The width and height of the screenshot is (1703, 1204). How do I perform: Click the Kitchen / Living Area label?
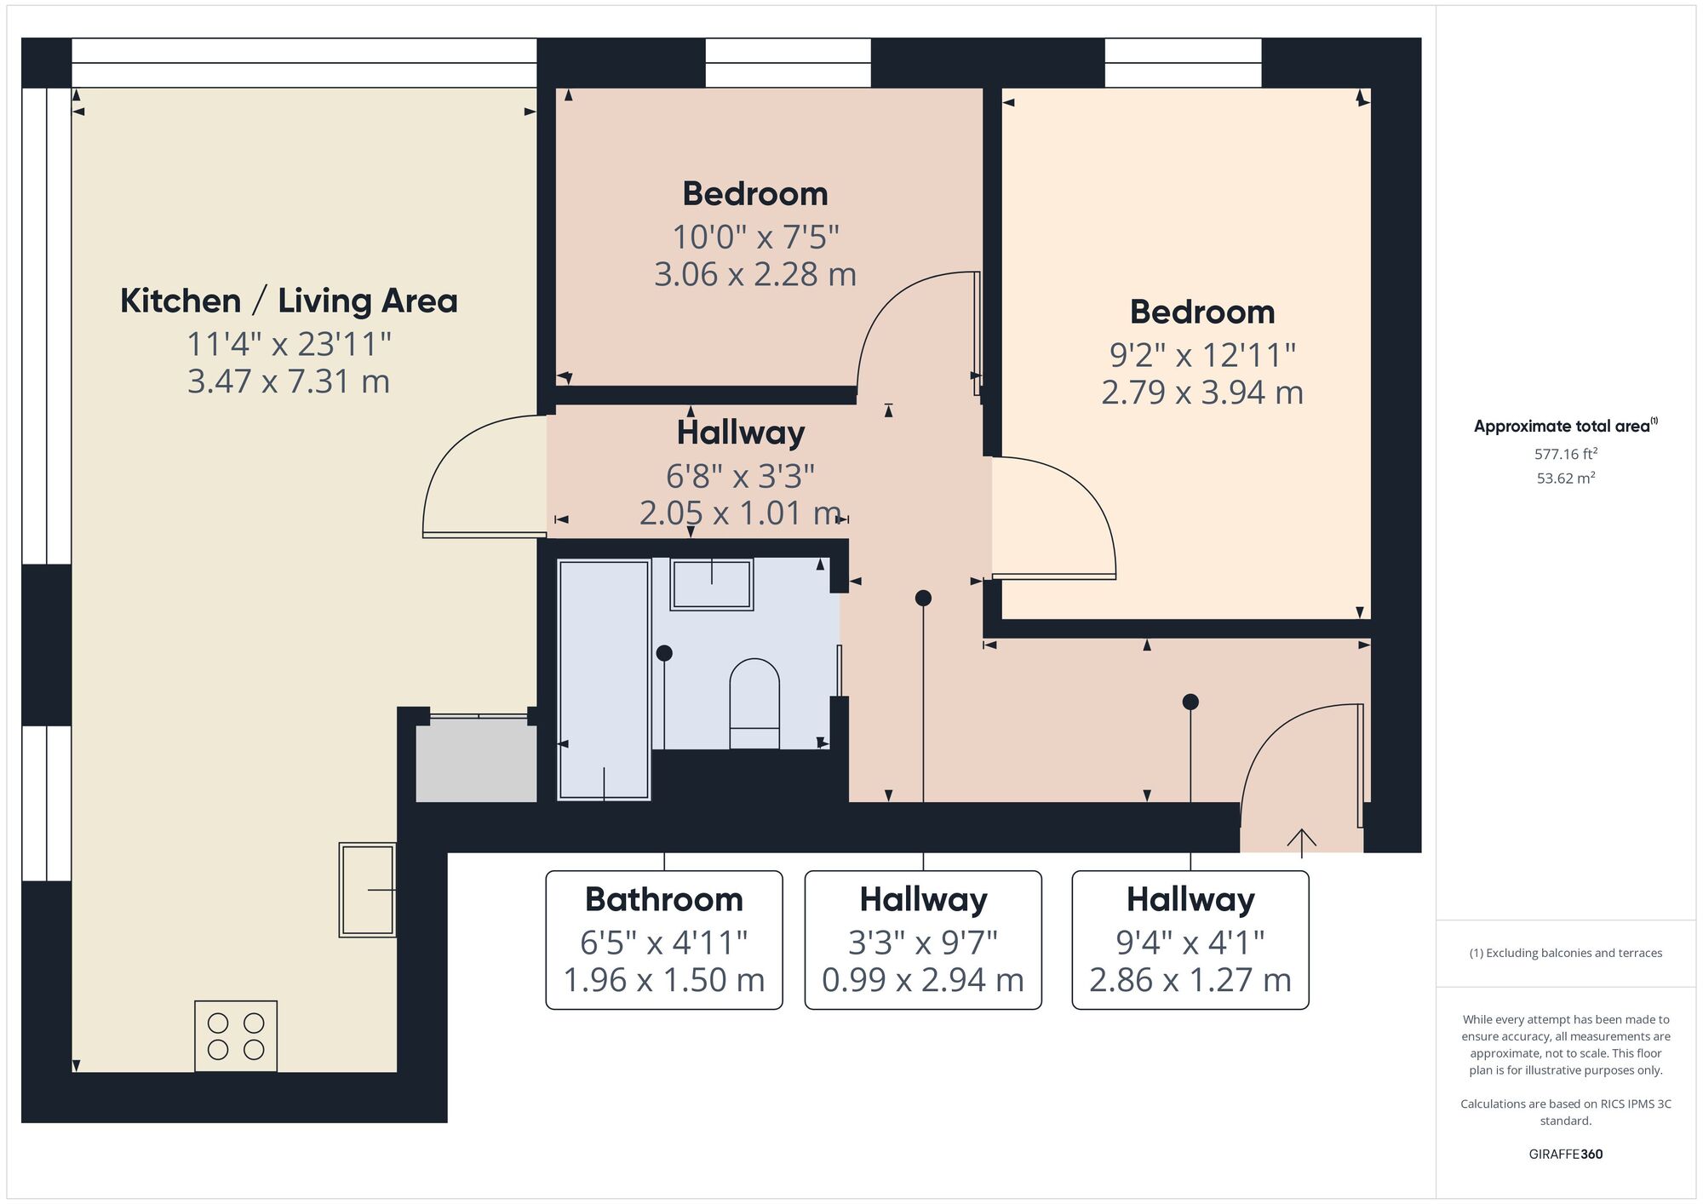(289, 301)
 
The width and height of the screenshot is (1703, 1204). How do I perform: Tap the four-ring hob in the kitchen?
(236, 1035)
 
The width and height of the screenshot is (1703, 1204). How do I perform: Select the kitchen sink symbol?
(367, 890)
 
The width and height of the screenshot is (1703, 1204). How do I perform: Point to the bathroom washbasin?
(712, 584)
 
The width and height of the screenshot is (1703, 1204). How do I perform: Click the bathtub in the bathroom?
(604, 679)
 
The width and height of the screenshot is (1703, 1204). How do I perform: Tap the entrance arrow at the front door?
(1301, 841)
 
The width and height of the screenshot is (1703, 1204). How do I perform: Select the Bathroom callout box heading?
(663, 899)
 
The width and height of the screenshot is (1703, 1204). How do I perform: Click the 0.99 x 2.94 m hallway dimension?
(922, 980)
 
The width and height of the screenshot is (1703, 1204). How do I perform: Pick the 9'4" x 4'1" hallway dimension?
(1190, 943)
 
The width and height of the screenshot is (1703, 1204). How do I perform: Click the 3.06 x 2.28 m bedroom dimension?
(754, 274)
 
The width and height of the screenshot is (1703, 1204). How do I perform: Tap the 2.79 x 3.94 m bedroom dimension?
(1201, 393)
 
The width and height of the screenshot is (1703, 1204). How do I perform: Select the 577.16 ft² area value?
(1565, 454)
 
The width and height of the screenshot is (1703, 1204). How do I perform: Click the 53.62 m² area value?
(1565, 479)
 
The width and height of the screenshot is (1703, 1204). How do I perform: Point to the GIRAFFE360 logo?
(1565, 1155)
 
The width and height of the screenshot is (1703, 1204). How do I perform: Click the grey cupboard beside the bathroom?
(475, 760)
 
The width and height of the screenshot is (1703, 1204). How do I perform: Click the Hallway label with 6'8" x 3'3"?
(740, 433)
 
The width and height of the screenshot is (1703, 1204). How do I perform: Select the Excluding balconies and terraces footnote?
(1565, 953)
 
